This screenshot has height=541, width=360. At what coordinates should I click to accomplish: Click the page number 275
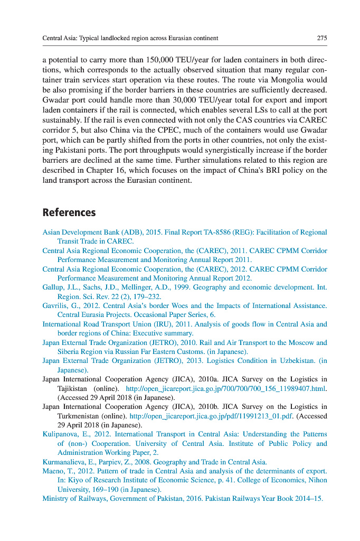(322, 38)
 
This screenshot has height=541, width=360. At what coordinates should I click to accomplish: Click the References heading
(69, 212)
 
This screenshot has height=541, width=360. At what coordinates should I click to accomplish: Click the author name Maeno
(53, 471)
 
